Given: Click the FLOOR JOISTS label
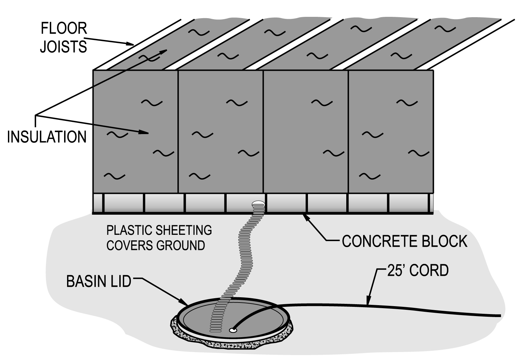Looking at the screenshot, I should click(x=63, y=37).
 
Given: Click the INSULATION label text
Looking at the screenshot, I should click(x=47, y=136).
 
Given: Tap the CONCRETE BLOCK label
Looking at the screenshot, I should click(x=404, y=241).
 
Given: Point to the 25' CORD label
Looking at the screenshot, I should click(x=417, y=270).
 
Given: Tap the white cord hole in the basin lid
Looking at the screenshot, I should click(x=233, y=329).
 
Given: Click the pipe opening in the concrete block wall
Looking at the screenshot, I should click(x=258, y=204).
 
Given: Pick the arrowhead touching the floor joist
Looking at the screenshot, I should click(x=130, y=43).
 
